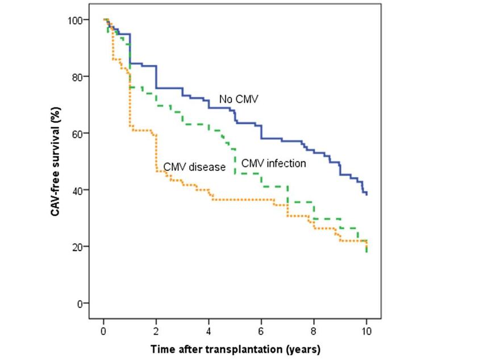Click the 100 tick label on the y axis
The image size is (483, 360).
click(75, 20)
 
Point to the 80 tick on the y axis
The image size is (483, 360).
click(88, 77)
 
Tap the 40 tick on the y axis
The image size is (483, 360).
click(88, 190)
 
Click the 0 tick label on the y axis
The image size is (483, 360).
click(80, 303)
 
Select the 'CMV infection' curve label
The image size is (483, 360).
click(273, 164)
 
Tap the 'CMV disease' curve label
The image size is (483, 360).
click(195, 167)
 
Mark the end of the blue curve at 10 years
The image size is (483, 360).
click(367, 194)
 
